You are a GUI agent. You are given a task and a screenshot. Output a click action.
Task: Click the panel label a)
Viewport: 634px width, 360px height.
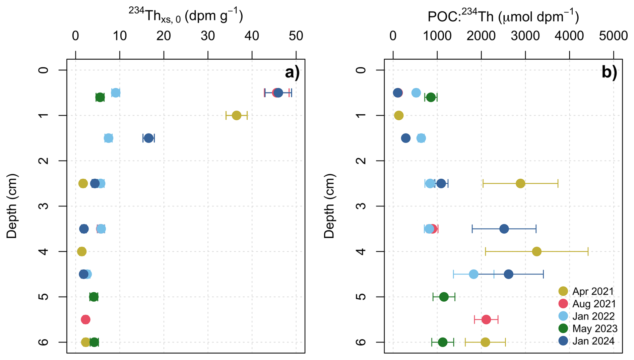coord(292,72)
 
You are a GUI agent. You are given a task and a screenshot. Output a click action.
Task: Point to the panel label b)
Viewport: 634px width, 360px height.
coord(609,72)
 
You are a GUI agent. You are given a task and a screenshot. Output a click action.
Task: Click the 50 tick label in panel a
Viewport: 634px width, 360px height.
coord(296,36)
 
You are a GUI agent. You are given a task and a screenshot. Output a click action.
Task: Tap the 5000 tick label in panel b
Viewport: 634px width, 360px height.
coord(613,36)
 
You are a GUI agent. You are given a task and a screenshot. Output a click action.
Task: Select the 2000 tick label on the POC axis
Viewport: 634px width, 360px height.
coord(481,36)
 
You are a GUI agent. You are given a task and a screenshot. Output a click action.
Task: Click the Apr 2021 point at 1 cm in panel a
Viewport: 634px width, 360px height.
coord(237,115)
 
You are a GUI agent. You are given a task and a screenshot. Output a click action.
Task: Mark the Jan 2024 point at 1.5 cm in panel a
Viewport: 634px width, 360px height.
coord(148,138)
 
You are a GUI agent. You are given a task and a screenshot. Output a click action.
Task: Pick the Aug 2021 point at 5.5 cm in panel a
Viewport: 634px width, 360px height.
coord(85,319)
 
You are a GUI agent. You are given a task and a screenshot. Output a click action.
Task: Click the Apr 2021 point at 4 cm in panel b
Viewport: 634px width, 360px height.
coord(537,251)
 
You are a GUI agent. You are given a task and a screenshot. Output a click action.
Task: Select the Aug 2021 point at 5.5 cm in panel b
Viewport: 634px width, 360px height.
coord(486,319)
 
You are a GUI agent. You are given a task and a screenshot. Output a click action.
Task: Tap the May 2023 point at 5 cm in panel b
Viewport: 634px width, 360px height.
coord(444,297)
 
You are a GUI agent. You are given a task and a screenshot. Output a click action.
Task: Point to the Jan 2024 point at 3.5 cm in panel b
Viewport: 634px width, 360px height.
coord(504,229)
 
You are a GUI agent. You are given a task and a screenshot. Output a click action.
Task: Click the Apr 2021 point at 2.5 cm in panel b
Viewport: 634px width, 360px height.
coord(520,183)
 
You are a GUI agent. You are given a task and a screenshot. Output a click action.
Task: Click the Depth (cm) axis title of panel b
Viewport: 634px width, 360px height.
coord(329,206)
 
